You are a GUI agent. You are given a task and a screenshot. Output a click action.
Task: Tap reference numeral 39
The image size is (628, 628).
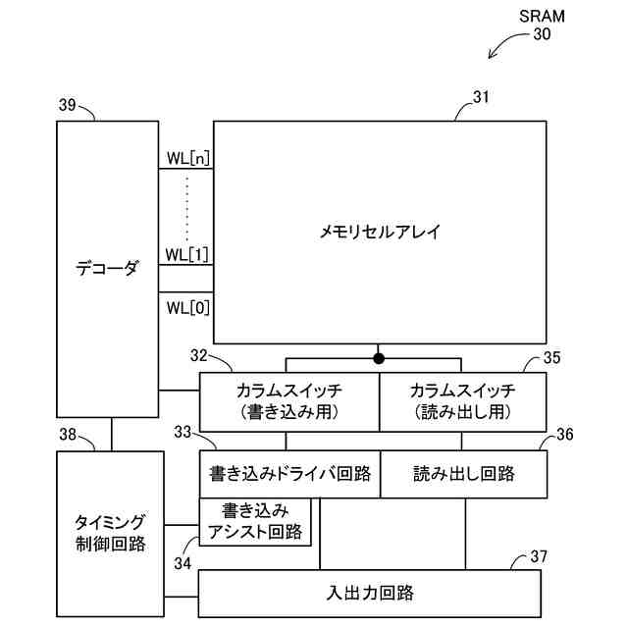click(x=67, y=103)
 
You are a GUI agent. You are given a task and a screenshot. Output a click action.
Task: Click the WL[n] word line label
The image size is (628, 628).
click(x=186, y=157)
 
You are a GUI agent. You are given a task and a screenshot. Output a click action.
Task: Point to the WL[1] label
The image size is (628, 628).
click(x=186, y=254)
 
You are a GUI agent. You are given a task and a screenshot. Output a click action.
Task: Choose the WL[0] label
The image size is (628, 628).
click(x=186, y=308)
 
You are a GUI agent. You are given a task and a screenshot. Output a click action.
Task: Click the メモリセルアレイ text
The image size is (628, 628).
click(x=380, y=233)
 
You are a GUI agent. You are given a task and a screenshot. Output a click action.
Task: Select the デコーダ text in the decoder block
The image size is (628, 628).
click(x=108, y=266)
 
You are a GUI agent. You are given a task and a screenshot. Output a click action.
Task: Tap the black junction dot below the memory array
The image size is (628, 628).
click(x=378, y=357)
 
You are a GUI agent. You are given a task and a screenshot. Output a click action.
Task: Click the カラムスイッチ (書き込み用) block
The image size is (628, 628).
click(x=288, y=401)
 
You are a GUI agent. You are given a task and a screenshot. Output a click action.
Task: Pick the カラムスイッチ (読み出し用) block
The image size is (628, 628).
click(x=462, y=401)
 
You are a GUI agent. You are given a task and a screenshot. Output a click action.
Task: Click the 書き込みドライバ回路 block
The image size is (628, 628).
click(x=289, y=474)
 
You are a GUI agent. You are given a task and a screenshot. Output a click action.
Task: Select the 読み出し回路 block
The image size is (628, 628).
click(x=462, y=474)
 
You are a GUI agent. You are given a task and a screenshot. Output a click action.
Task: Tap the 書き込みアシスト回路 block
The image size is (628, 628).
click(x=255, y=522)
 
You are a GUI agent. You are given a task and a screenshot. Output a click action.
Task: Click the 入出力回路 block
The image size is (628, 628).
click(x=369, y=593)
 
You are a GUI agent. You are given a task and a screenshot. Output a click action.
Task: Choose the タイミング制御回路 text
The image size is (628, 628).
click(x=110, y=531)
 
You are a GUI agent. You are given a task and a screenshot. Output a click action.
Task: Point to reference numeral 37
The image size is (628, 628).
click(x=539, y=556)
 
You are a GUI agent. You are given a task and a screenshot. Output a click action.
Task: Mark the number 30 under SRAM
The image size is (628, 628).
click(x=542, y=34)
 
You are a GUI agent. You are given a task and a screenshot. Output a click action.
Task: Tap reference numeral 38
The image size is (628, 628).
click(x=68, y=434)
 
